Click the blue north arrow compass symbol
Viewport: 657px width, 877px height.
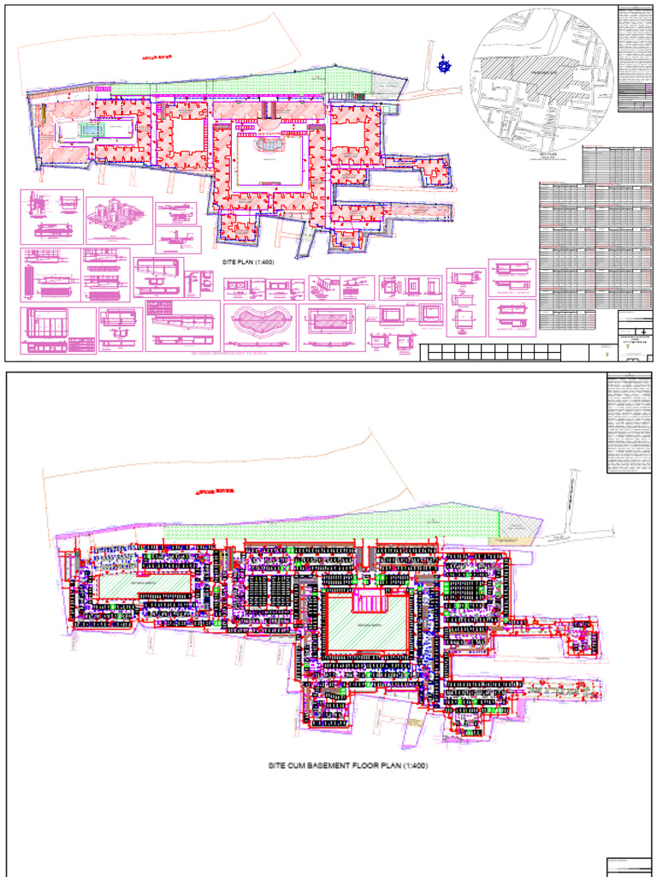443,63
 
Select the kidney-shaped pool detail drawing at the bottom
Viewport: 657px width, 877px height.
262,325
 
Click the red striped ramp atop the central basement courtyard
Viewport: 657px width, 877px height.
370,600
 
